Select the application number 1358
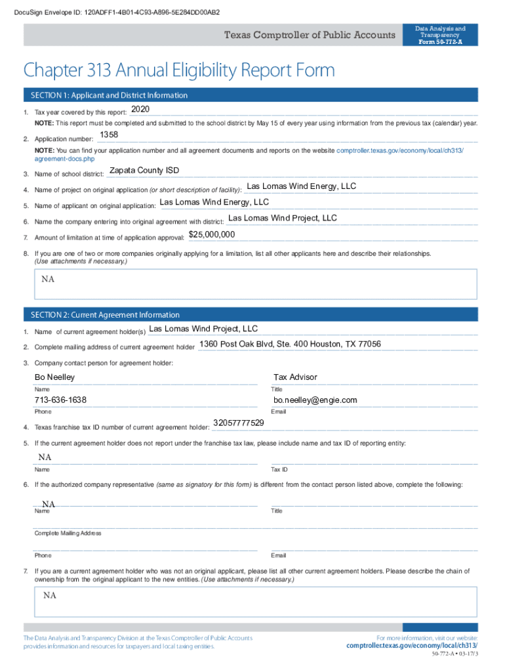108,135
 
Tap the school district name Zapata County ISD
144,171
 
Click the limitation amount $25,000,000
212,234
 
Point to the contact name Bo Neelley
54,377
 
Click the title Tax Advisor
295,377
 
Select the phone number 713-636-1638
60,400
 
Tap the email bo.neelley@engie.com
315,400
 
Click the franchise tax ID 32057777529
239,423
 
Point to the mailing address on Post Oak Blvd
290,344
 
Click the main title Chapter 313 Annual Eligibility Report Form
179,70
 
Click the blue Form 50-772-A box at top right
441,35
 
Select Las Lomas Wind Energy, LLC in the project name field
301,186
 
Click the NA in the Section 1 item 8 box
48,279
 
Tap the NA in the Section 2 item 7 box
50,595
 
